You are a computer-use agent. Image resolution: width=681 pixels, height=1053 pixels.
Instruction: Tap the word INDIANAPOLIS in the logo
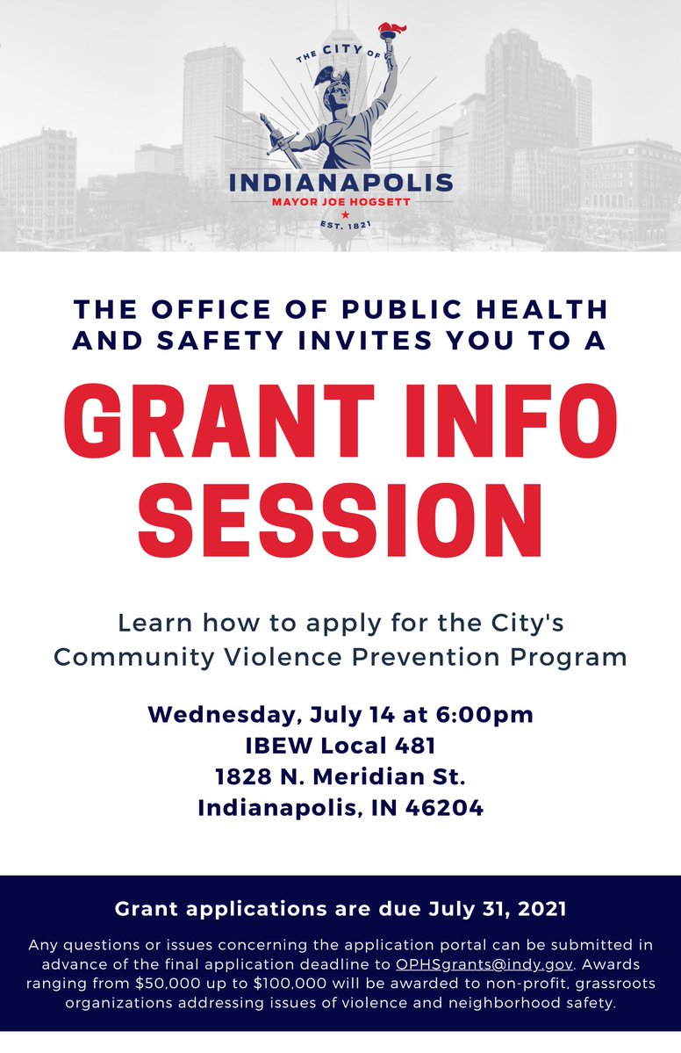pos(340,184)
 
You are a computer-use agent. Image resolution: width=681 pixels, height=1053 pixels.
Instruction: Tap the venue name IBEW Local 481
pos(340,746)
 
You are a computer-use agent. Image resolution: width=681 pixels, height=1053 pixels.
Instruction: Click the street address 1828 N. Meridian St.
pos(340,776)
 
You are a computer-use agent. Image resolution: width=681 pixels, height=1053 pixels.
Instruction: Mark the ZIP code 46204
pos(443,807)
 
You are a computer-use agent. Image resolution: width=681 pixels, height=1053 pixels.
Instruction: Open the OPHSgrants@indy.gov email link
pos(478,963)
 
